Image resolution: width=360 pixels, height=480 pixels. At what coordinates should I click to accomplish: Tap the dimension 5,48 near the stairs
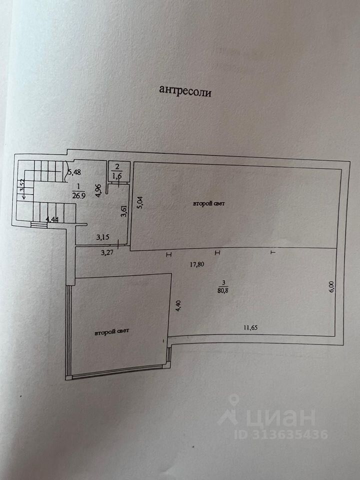73,172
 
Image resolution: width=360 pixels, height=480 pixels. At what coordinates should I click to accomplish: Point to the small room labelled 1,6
117,176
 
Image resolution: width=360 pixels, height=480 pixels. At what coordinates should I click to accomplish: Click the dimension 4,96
98,191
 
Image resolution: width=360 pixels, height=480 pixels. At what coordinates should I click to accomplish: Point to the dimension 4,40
177,305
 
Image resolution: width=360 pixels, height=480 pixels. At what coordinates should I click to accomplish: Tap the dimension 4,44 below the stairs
52,219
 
